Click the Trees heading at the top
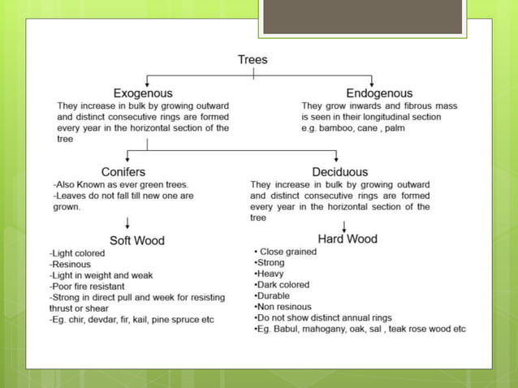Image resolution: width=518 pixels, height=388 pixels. click(253, 59)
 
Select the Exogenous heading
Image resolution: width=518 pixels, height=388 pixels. click(142, 93)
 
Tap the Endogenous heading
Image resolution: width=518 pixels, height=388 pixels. click(378, 93)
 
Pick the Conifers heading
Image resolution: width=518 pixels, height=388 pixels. click(123, 172)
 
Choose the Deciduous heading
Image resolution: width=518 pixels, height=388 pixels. click(339, 172)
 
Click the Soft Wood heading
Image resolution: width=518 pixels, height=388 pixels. click(136, 240)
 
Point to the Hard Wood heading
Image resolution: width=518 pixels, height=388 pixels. click(347, 239)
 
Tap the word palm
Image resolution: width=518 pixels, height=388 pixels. click(395, 128)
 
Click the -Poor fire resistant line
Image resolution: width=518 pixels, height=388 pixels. click(87, 287)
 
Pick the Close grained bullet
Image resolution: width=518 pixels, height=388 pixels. click(287, 252)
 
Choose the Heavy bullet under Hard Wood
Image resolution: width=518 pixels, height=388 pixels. click(270, 274)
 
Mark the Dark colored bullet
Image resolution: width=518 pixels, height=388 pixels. click(283, 285)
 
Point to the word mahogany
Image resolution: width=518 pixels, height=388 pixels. click(328, 330)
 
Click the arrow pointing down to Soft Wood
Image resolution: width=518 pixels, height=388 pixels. click(127, 223)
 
